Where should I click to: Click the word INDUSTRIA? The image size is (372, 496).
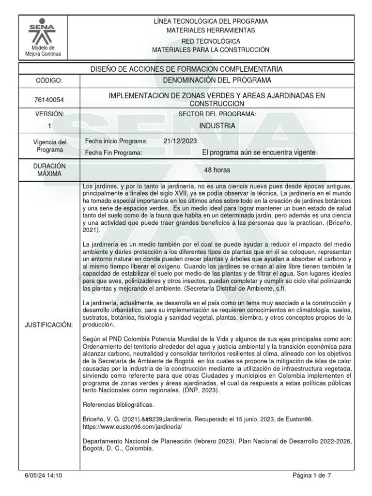pyautogui.click(x=217, y=126)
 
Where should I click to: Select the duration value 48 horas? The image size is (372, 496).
pyautogui.click(x=217, y=170)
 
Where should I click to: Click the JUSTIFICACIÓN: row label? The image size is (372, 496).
pyautogui.click(x=48, y=325)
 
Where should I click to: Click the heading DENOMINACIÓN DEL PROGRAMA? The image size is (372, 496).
pyautogui.click(x=217, y=80)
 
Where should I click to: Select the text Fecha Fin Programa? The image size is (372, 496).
pyautogui.click(x=113, y=153)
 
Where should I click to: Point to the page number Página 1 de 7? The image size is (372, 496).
pyautogui.click(x=312, y=476)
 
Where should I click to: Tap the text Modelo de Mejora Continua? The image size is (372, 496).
pyautogui.click(x=43, y=51)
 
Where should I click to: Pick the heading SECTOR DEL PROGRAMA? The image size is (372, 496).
pyautogui.click(x=217, y=114)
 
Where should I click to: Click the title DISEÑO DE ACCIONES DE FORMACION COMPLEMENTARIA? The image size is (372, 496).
pyautogui.click(x=186, y=69)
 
